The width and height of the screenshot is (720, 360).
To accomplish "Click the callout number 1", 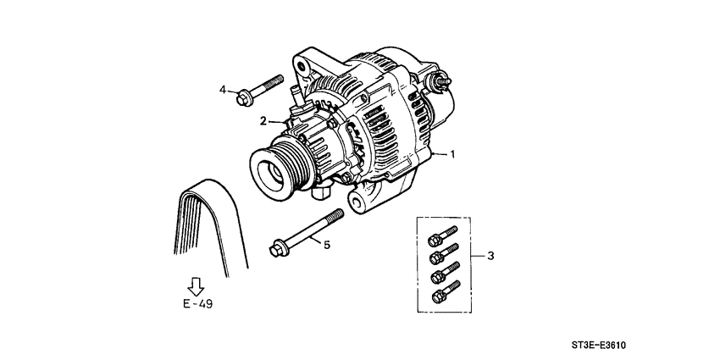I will [453, 155].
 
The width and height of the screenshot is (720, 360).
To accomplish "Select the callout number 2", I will [263, 119].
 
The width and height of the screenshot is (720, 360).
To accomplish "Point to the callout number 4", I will [224, 90].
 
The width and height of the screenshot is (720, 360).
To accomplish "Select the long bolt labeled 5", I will [305, 233].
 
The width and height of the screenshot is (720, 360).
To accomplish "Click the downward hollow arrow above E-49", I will [196, 285].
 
